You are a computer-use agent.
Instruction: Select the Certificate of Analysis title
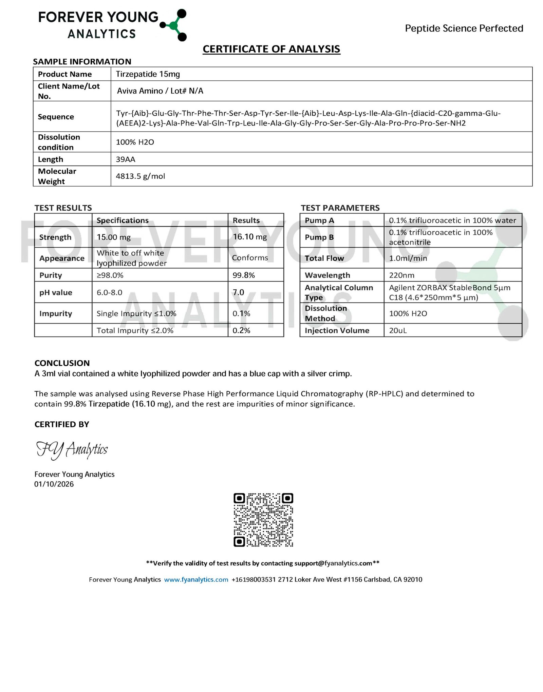[271, 49]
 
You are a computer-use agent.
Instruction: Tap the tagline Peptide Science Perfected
[464, 28]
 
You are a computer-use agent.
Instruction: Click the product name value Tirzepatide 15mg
[148, 74]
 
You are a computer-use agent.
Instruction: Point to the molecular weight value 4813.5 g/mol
[140, 176]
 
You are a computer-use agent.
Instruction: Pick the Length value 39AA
[125, 159]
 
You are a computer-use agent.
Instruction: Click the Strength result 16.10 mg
[249, 237]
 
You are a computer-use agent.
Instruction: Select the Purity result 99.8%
[243, 275]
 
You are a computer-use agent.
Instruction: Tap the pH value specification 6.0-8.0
[109, 292]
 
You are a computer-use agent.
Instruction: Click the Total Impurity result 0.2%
[241, 330]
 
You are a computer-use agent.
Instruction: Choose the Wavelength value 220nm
[401, 275]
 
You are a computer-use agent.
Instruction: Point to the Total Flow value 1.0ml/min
[408, 258]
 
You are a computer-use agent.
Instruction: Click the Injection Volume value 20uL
[398, 330]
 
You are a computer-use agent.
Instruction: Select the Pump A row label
[319, 220]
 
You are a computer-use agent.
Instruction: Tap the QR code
[263, 520]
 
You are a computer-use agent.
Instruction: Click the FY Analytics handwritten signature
[72, 450]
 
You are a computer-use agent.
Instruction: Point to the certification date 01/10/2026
[54, 484]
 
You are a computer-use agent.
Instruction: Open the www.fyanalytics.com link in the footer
[196, 580]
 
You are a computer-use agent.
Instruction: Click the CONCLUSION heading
[62, 363]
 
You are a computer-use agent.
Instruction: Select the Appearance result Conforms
[250, 258]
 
